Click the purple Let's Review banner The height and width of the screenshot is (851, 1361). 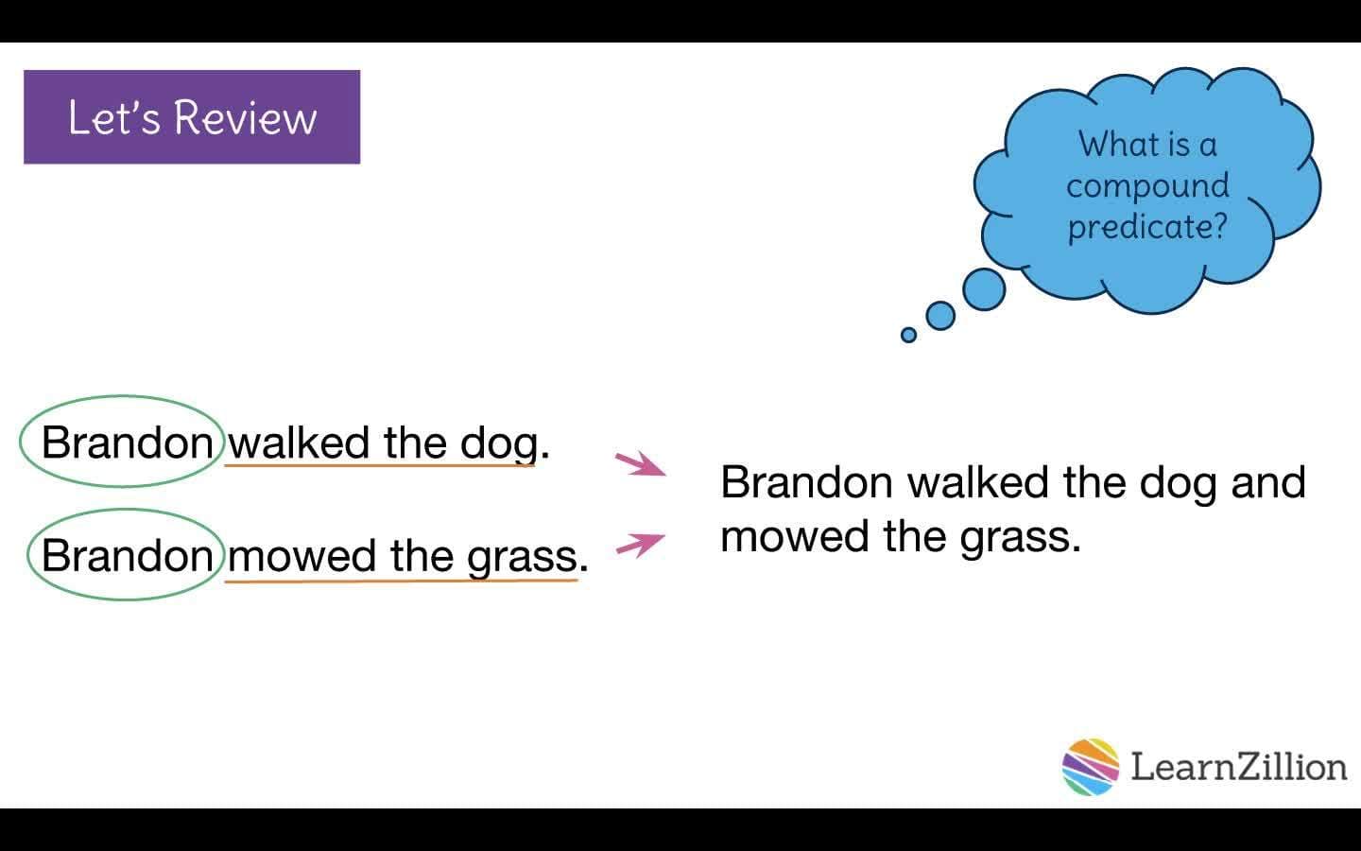point(192,117)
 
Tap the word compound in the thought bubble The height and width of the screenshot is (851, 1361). point(1147,186)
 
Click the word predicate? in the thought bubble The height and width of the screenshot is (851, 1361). point(1147,227)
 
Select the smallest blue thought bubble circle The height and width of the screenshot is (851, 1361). point(908,335)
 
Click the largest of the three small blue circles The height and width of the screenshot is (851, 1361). point(984,288)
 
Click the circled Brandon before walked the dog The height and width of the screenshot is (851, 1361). point(127,443)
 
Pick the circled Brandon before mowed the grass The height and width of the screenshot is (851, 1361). point(127,555)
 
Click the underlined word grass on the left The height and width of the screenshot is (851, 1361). point(522,556)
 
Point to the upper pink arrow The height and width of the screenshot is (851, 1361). point(641,464)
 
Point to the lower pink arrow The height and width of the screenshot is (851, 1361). point(641,545)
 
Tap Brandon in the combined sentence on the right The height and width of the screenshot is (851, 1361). point(806,482)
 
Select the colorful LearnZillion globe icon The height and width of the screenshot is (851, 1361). point(1090,766)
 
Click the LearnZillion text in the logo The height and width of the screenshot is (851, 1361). point(1238,766)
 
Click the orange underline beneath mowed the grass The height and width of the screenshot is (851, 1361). point(401,580)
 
